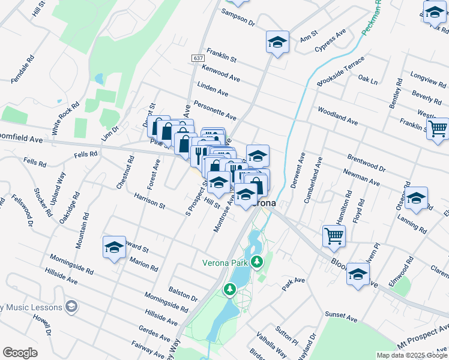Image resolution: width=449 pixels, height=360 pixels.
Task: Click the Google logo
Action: coord(20,353)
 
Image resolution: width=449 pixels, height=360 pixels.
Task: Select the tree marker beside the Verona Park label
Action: coord(258,262)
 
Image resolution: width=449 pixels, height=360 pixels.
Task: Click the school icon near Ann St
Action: coord(277,42)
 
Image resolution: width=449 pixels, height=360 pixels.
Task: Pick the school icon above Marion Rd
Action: coord(114,247)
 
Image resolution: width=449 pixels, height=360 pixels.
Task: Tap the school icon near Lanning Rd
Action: coord(416,199)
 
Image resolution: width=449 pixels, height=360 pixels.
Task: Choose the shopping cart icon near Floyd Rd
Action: coord(334,235)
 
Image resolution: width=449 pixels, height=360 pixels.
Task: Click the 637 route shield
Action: coord(199,58)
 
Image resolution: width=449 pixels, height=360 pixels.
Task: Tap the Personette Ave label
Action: coord(215,110)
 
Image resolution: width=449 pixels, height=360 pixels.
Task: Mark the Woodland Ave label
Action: coord(338,117)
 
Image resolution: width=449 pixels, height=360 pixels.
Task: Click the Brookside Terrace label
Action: coord(341,74)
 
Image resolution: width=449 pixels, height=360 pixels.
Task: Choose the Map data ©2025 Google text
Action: coord(411,355)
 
